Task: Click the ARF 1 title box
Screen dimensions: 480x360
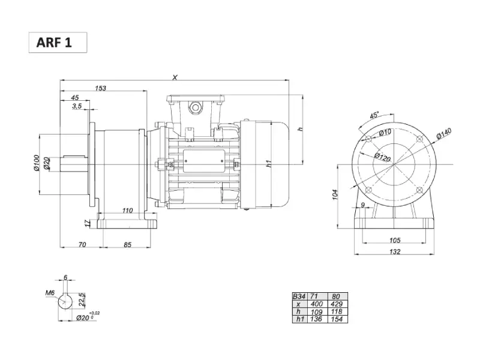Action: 58,42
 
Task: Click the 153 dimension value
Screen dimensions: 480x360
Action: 100,88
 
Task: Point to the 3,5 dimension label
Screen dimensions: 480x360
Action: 77,106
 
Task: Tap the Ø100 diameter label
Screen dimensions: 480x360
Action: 37,163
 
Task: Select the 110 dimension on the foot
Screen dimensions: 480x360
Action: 127,211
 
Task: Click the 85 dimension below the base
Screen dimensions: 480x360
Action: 127,245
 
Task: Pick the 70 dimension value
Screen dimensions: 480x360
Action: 82,245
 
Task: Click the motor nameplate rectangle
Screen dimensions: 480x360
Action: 204,161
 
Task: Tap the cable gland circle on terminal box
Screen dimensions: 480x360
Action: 195,107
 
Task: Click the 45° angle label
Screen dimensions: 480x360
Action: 374,115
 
